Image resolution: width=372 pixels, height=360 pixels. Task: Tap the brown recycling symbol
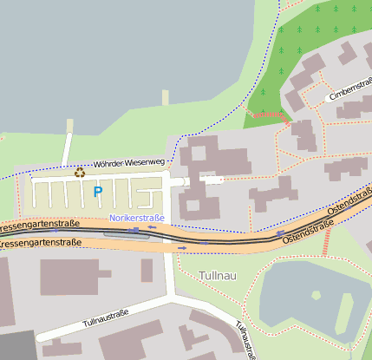[x=80, y=172]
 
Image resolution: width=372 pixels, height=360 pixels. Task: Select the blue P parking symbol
[x=98, y=192]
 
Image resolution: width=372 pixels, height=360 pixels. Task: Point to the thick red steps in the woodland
[x=269, y=114]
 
